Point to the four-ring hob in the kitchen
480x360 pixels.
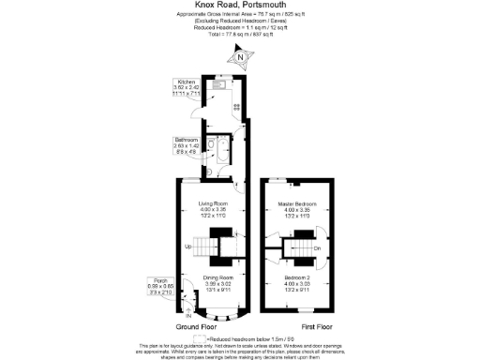(x=236, y=107)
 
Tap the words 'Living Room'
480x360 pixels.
(x=213, y=203)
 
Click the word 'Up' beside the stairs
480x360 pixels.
(x=187, y=247)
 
